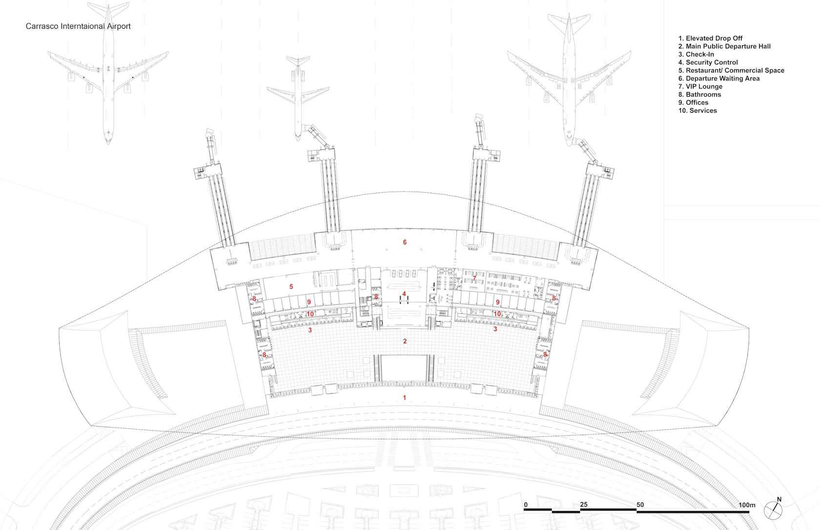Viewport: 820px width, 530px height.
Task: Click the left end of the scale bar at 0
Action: click(524, 510)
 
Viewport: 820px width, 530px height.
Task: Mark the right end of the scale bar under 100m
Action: click(749, 511)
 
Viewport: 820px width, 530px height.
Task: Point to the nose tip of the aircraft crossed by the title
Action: click(108, 144)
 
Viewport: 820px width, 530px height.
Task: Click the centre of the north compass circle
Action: click(773, 510)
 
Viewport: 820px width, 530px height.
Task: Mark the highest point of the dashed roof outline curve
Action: click(403, 191)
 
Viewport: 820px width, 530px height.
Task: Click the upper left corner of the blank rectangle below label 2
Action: click(382, 355)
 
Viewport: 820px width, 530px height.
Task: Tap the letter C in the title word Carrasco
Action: click(28, 26)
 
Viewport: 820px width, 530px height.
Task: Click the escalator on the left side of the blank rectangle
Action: click(377, 368)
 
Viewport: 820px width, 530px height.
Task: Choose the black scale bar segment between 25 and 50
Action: click(608, 510)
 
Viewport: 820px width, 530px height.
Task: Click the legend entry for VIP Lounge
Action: click(700, 87)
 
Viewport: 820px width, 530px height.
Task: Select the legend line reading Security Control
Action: click(708, 62)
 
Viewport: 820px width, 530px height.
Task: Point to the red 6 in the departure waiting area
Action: click(405, 242)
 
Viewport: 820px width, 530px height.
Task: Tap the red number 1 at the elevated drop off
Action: click(405, 397)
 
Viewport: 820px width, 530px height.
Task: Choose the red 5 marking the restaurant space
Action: click(291, 287)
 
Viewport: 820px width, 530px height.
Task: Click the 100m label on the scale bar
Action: click(747, 505)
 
